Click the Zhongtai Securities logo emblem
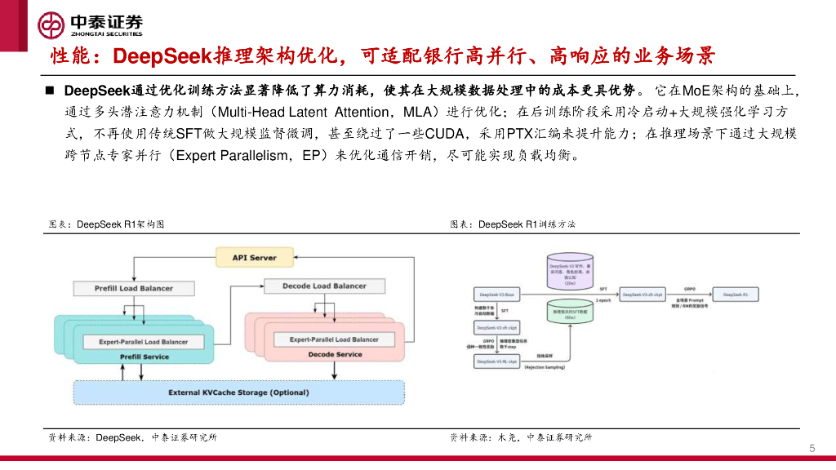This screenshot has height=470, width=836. click(x=51, y=25)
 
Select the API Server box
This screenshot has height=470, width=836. click(x=254, y=258)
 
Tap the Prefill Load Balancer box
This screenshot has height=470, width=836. click(x=122, y=288)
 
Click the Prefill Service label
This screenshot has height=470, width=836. click(x=144, y=357)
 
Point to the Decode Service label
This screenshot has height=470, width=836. click(x=335, y=354)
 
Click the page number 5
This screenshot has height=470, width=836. click(x=812, y=448)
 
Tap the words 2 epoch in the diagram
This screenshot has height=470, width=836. click(x=603, y=300)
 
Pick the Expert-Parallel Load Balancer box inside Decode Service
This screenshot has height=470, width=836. click(x=334, y=339)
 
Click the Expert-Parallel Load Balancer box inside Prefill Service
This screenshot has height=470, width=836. click(x=144, y=342)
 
